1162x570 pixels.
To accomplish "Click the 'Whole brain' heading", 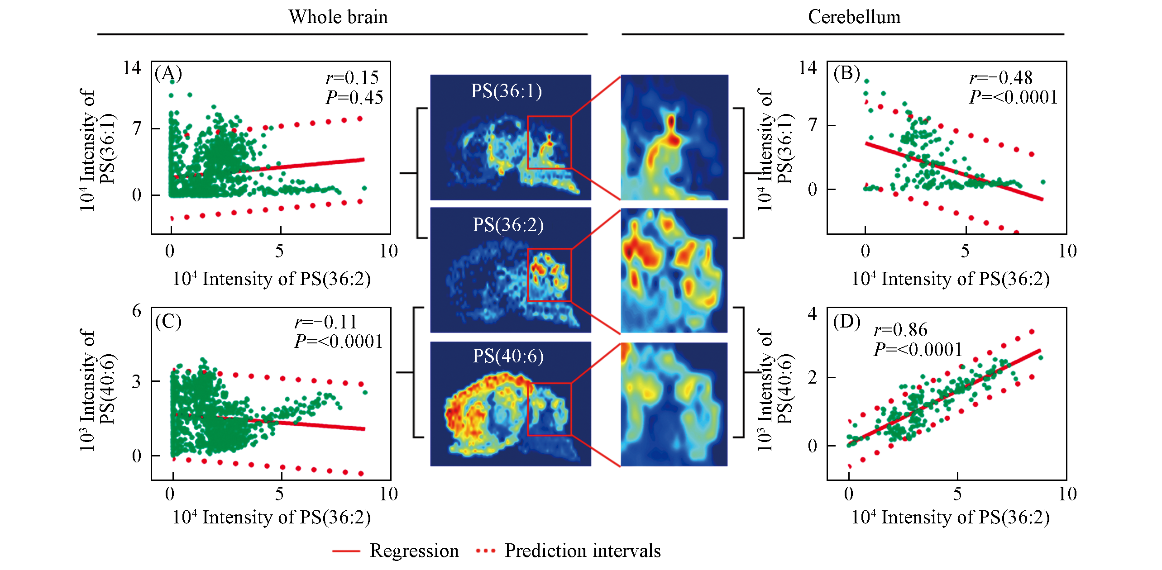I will pyautogui.click(x=338, y=17).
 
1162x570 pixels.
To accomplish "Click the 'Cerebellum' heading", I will pyautogui.click(x=854, y=17).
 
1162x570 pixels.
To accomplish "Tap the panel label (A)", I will pyautogui.click(x=168, y=73).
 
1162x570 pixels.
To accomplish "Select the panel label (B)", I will pyautogui.click(x=846, y=73).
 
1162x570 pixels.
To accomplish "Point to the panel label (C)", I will pyautogui.click(x=168, y=322).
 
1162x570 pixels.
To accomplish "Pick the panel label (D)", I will pyautogui.click(x=846, y=322).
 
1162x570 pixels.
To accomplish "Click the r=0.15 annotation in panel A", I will pyautogui.click(x=352, y=78).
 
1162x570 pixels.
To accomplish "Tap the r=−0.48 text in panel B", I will pyautogui.click(x=1001, y=78).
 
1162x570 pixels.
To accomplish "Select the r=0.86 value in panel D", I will pyautogui.click(x=900, y=330).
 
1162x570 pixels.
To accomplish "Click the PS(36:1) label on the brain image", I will pyautogui.click(x=506, y=91).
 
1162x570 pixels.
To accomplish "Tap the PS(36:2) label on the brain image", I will pyautogui.click(x=508, y=225).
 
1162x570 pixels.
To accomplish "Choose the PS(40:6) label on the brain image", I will pyautogui.click(x=508, y=356).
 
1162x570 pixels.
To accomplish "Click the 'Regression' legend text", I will pyautogui.click(x=414, y=551).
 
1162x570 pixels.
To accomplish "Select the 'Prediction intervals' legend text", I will pyautogui.click(x=583, y=551).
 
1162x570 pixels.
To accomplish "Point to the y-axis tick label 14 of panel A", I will pyautogui.click(x=132, y=68).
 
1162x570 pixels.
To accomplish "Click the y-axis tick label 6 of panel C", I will pyautogui.click(x=136, y=311).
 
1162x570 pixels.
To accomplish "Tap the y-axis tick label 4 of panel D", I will pyautogui.click(x=813, y=313).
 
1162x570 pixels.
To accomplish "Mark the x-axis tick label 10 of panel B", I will pyautogui.click(x=1067, y=251).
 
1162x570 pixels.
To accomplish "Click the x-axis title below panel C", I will pyautogui.click(x=272, y=517).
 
